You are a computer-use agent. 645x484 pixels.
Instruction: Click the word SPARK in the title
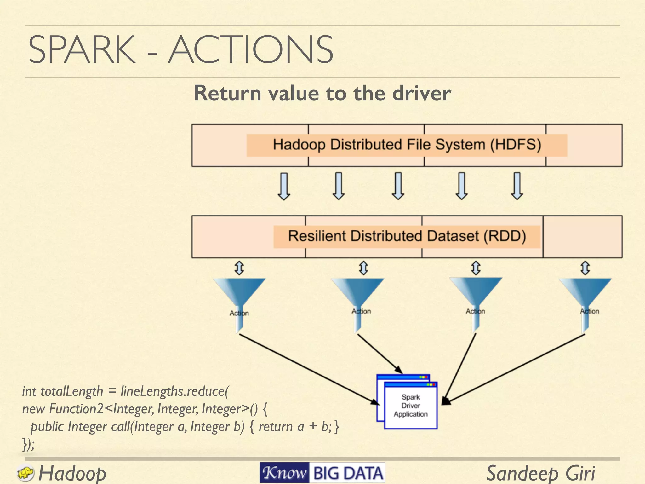tap(82, 50)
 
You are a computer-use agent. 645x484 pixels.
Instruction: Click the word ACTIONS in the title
tap(251, 50)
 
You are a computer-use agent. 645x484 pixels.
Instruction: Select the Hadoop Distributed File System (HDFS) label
tap(407, 145)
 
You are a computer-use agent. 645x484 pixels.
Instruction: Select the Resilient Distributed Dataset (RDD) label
tap(407, 236)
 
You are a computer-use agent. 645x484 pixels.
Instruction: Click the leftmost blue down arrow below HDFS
tap(284, 186)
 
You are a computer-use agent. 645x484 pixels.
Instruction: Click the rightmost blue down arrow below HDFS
tap(517, 186)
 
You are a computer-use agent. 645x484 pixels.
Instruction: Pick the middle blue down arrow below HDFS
tap(398, 186)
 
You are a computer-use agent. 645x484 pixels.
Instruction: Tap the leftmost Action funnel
tap(239, 299)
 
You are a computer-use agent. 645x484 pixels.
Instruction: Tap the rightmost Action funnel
tap(585, 299)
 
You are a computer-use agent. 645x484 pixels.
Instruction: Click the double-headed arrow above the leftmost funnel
tap(239, 268)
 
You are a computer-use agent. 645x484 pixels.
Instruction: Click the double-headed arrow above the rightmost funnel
tap(585, 268)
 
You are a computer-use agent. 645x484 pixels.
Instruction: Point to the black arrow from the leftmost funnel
tap(309, 369)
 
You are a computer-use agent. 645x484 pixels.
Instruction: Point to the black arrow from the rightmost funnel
tap(517, 369)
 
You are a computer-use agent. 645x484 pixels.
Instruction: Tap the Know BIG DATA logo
tap(322, 473)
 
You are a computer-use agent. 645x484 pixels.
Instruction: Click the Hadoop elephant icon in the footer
tap(25, 473)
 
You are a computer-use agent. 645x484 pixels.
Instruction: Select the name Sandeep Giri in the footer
tap(540, 473)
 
